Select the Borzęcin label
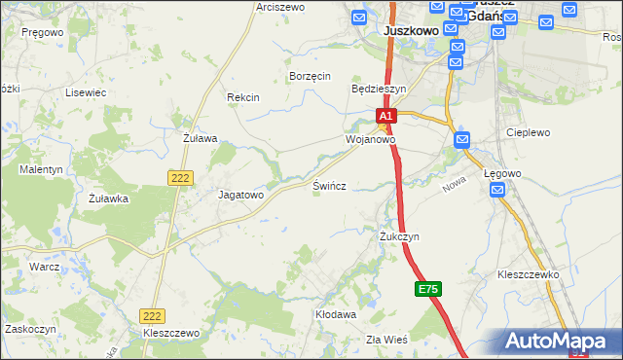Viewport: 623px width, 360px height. [x=311, y=76]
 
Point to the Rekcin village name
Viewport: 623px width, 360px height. [x=242, y=97]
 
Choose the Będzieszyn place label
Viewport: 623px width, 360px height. [x=378, y=88]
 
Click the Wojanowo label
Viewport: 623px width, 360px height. [x=370, y=139]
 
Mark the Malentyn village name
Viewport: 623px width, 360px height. [x=41, y=169]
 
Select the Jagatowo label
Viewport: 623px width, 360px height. [x=240, y=195]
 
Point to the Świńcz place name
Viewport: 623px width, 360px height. [x=331, y=185]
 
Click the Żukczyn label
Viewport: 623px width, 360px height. [x=399, y=236]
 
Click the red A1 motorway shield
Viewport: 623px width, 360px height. [x=386, y=116]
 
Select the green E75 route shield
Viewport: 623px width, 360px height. [x=428, y=289]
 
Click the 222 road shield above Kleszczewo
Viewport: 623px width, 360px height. [x=151, y=316]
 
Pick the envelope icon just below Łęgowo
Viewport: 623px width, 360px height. [x=496, y=191]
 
